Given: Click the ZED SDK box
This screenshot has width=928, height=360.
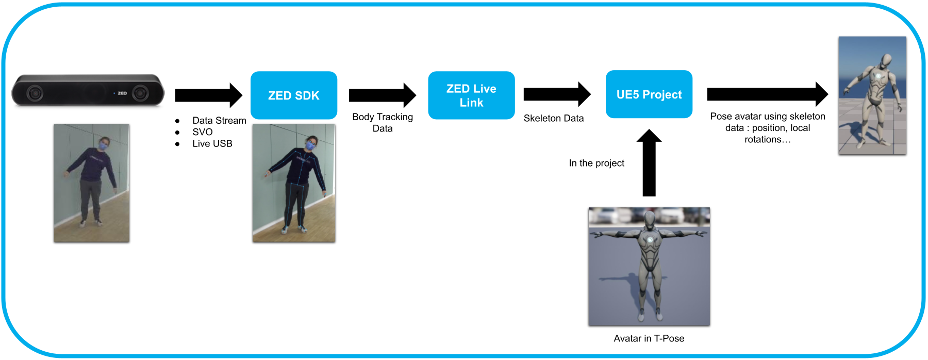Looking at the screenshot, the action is [294, 95].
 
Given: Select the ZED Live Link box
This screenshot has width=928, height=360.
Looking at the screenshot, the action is [471, 95].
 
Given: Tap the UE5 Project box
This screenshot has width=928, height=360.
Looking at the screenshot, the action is [649, 94].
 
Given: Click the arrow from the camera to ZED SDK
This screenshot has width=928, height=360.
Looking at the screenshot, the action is [209, 95].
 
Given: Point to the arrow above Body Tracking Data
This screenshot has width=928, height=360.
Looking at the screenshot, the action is [383, 95].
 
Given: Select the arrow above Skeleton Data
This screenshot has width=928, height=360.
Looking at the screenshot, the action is [557, 94].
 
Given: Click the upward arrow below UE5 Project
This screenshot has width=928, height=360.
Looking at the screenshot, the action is [649, 162].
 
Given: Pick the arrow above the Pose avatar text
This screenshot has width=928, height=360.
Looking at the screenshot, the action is [768, 94].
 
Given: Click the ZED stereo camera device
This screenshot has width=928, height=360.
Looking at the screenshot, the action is [88, 90].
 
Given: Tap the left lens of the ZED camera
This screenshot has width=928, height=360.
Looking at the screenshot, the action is [35, 93].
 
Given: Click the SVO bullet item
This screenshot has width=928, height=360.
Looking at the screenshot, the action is [203, 132].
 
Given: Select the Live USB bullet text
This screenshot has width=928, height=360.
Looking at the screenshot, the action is [212, 143].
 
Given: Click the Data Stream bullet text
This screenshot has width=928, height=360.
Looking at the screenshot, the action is [219, 120].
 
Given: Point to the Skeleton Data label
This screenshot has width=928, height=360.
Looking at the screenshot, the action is [554, 118].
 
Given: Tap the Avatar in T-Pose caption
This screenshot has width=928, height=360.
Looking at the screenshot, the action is [649, 338].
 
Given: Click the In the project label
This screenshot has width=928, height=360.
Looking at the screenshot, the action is [596, 163].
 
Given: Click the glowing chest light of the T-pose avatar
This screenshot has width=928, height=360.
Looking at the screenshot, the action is [650, 240].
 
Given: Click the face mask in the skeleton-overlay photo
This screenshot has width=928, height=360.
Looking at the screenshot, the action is [310, 146].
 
